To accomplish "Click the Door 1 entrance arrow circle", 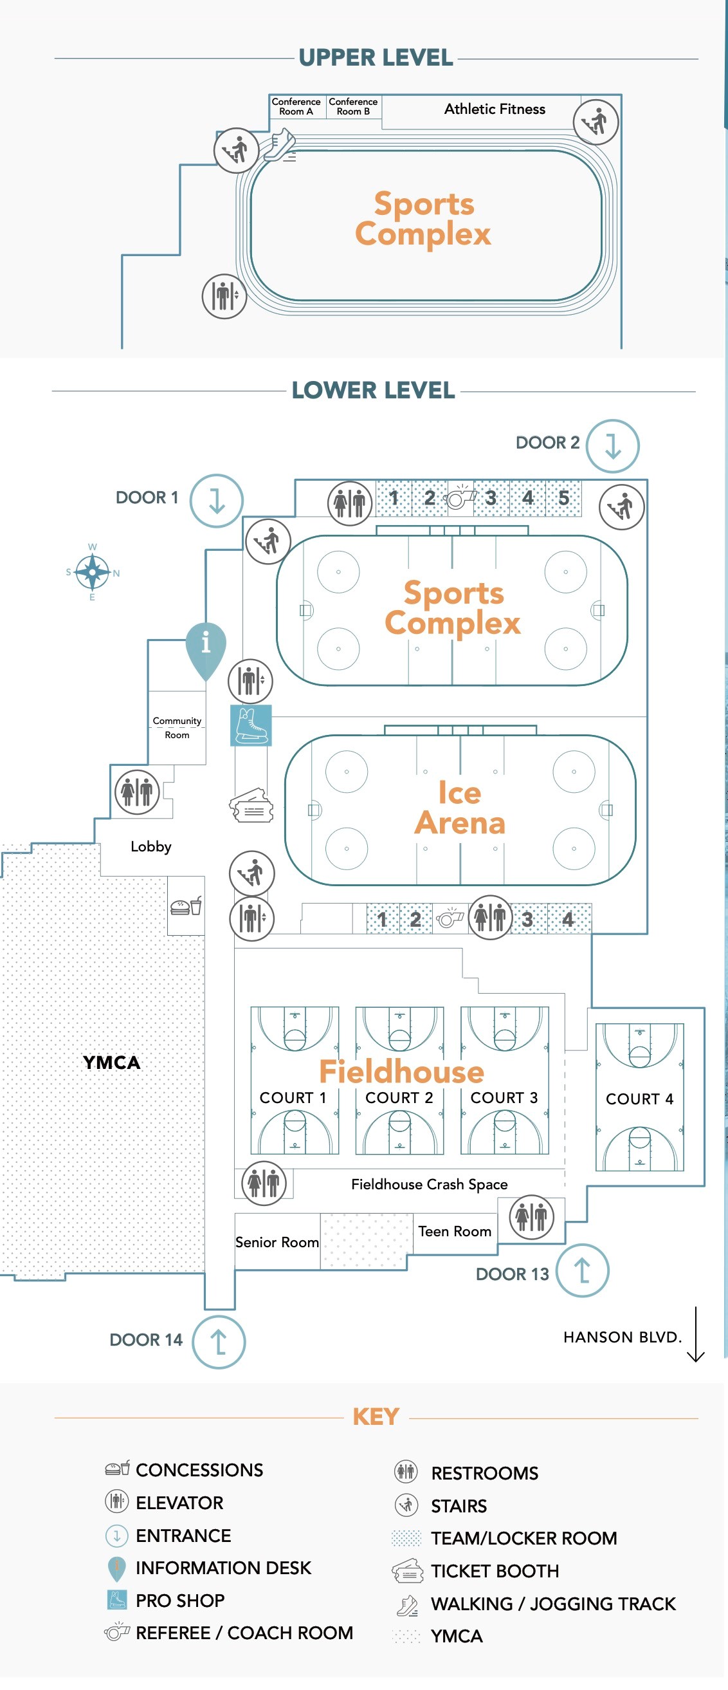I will click(x=217, y=501).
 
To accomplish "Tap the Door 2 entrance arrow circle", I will click(x=613, y=446).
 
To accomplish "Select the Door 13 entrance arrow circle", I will click(x=583, y=1270).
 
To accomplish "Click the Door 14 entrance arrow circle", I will click(x=219, y=1342).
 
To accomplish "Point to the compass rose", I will click(x=92, y=573).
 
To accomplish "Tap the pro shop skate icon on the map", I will click(x=251, y=725).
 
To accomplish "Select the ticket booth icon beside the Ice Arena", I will click(x=251, y=806).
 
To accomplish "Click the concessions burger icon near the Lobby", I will click(x=187, y=906).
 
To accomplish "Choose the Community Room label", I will click(x=177, y=728).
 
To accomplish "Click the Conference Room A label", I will click(x=296, y=106).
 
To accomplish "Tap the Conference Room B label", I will click(x=353, y=106).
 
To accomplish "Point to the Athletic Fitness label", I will click(x=495, y=109).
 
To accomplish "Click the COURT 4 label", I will click(x=639, y=1099).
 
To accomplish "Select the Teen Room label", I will click(x=455, y=1231).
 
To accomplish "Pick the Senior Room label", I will click(x=277, y=1242).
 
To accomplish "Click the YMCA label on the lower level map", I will click(x=111, y=1063).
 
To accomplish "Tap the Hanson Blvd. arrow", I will click(x=695, y=1335).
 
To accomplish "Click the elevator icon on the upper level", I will click(x=224, y=296).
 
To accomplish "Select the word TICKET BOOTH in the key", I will click(x=495, y=1570).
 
